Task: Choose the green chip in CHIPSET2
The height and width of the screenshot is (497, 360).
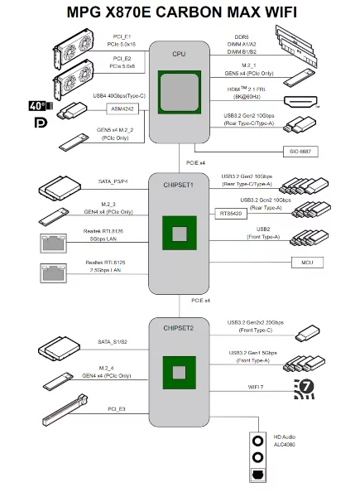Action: click(179, 370)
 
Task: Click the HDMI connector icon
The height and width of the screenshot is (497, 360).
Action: click(299, 102)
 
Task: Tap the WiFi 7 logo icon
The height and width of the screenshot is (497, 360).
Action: click(305, 388)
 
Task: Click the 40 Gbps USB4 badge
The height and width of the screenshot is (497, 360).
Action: click(39, 106)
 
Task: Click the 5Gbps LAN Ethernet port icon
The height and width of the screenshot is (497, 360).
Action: click(50, 242)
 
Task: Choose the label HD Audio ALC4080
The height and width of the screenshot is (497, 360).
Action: click(285, 440)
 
